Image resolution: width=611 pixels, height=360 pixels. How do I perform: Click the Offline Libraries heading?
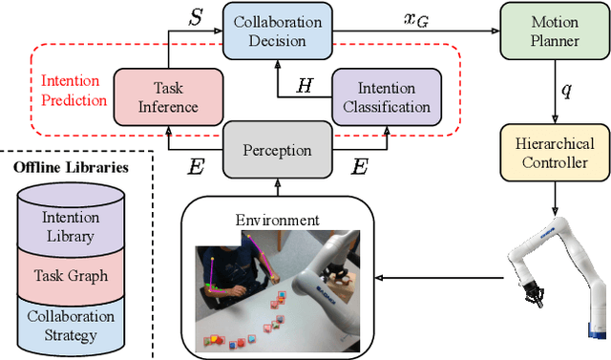point(71,168)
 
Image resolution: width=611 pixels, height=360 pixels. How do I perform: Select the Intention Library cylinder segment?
point(71,225)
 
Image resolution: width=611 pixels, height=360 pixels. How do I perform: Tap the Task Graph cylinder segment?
point(71,275)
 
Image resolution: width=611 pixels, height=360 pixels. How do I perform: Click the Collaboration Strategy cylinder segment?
point(71,325)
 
